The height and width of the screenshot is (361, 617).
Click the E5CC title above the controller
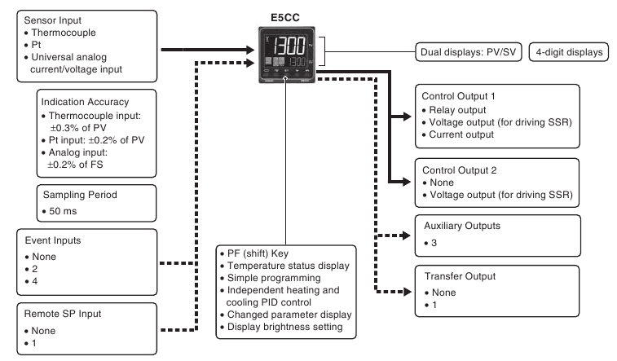(285, 18)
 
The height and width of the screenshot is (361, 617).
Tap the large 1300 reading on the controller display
(289, 46)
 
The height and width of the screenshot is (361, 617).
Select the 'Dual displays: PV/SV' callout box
(469, 52)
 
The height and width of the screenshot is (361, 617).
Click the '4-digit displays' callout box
(569, 52)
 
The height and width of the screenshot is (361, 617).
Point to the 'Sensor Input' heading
(53, 20)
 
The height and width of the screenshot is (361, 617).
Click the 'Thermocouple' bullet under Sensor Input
(64, 33)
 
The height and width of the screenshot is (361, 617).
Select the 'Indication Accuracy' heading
(85, 102)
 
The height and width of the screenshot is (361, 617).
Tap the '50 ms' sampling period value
(63, 211)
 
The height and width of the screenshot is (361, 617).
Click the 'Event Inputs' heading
(53, 240)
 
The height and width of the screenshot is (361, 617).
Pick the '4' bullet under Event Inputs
(34, 281)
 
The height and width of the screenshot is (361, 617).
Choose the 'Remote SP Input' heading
(63, 314)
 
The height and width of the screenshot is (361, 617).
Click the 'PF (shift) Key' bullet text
(258, 253)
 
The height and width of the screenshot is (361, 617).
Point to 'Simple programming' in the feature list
(274, 278)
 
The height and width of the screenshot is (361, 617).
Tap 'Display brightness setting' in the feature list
(285, 327)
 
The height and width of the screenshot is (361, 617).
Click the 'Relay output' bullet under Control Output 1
(457, 110)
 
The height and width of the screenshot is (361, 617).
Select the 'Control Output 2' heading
(459, 170)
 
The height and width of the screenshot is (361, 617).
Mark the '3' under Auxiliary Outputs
(434, 243)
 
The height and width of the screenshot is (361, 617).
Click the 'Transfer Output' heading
(460, 276)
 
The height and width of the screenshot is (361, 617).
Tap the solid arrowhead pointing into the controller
(250, 50)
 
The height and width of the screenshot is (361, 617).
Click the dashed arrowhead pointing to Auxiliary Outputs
(405, 236)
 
